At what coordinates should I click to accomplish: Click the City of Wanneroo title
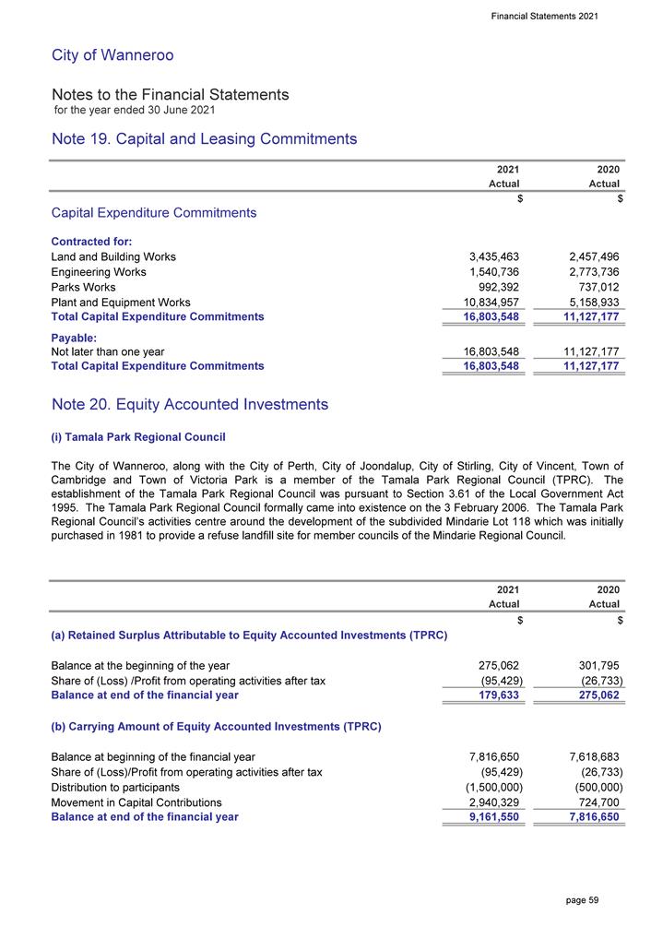[x=112, y=55]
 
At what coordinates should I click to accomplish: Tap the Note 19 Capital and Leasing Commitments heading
[x=204, y=139]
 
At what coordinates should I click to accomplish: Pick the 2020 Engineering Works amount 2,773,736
[x=586, y=272]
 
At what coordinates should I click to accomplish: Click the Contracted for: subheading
[x=91, y=241]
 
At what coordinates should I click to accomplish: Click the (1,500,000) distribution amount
[x=488, y=787]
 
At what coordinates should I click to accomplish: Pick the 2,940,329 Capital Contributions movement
[x=489, y=802]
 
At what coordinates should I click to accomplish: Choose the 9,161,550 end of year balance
[x=489, y=817]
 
